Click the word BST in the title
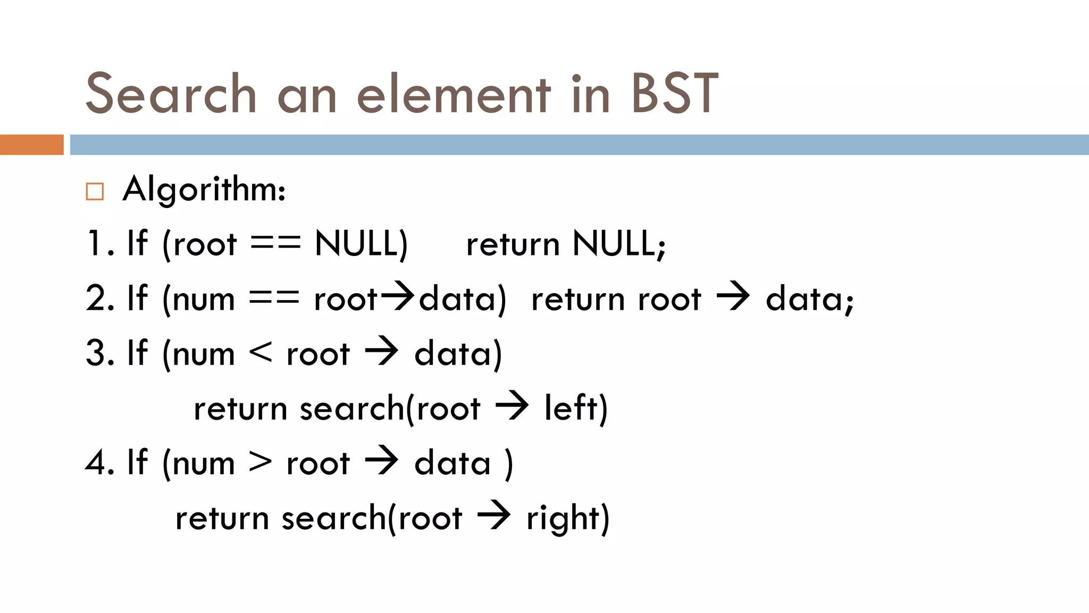pos(674,94)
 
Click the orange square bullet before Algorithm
pos(95,191)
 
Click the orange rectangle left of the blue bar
pos(31,145)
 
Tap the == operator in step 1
pos(275,244)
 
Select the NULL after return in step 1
pos(618,244)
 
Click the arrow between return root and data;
pos(733,297)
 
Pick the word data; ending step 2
pos(809,299)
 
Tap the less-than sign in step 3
pos(261,353)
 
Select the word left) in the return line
pos(576,409)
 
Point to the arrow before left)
pos(512,407)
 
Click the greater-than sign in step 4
pos(261,462)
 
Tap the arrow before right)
pos(493,516)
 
